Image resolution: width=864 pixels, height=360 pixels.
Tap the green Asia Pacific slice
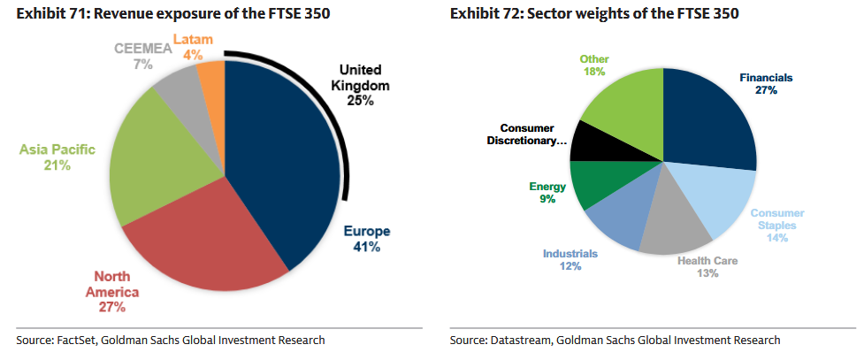click(164, 168)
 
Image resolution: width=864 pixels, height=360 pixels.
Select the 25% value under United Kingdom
click(361, 101)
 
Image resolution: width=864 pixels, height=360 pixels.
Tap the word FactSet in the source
click(80, 340)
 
